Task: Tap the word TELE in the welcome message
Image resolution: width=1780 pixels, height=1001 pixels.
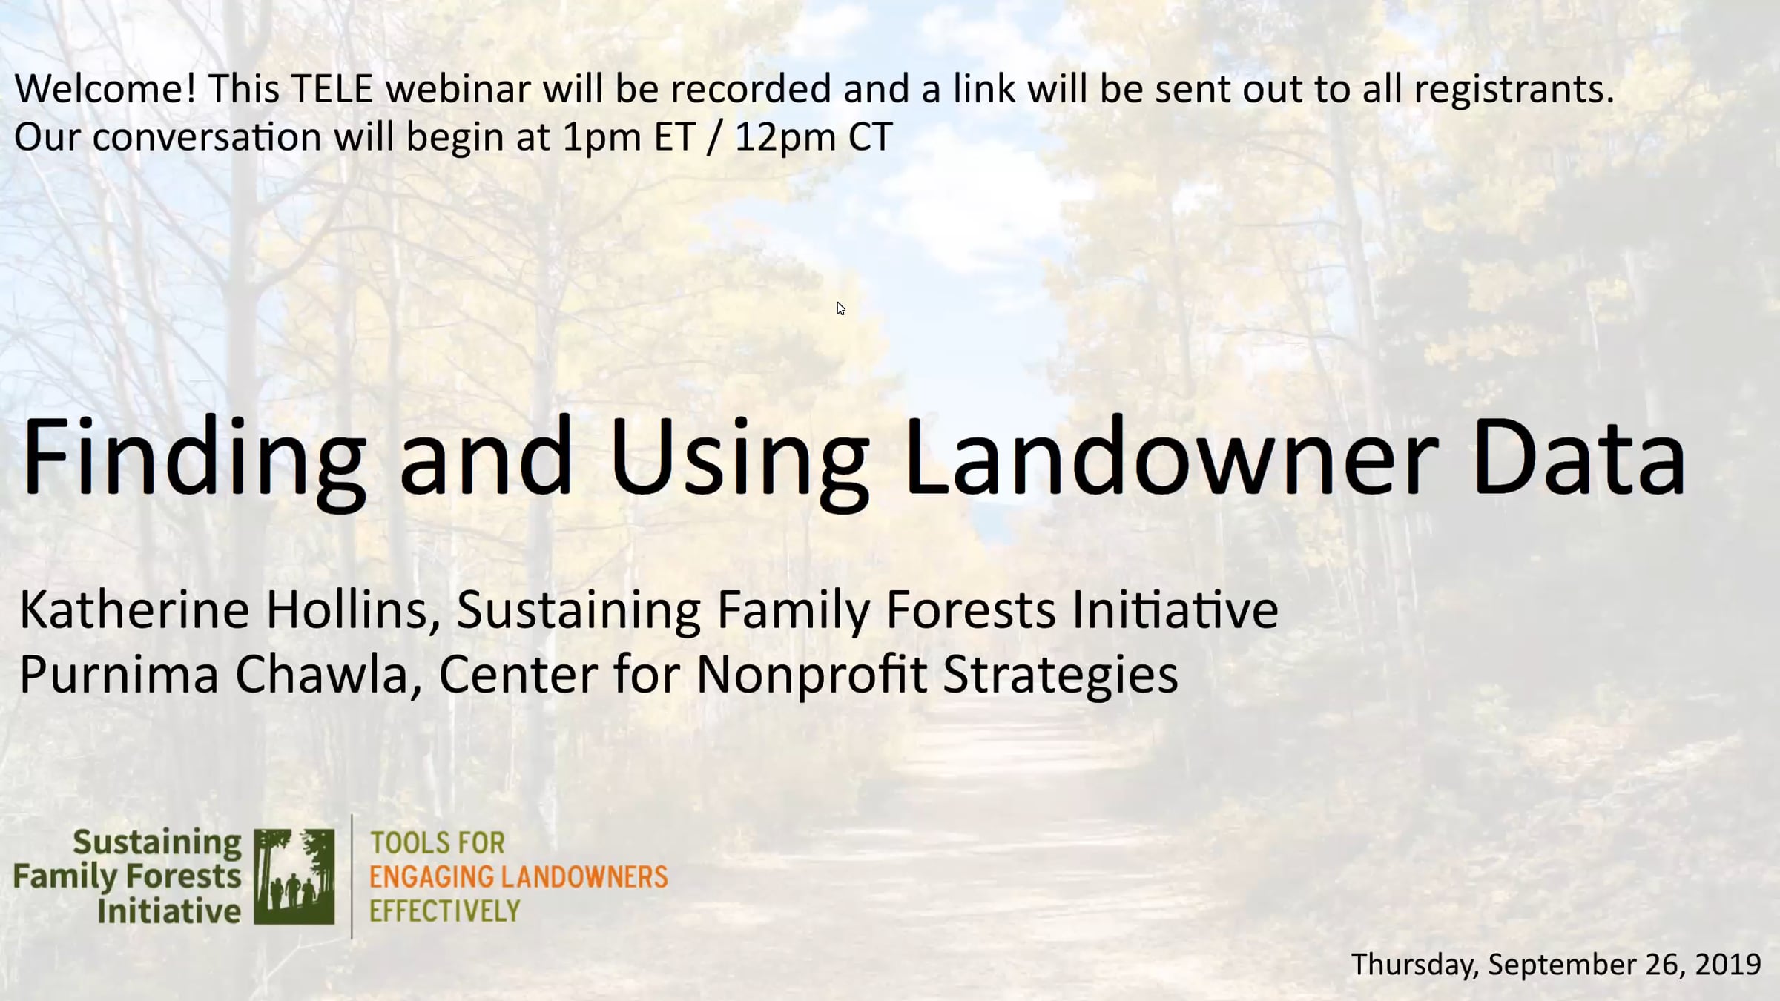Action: coord(332,88)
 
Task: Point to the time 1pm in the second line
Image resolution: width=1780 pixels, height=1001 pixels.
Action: coord(601,138)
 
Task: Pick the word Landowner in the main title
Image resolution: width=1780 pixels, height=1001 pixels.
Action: coord(1170,455)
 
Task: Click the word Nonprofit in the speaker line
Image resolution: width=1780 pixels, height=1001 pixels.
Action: coord(811,675)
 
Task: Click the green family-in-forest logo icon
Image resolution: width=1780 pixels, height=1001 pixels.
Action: coord(294,876)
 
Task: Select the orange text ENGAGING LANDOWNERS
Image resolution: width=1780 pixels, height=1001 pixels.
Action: coord(518,876)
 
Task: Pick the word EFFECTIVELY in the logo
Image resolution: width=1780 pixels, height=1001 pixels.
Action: coord(445,911)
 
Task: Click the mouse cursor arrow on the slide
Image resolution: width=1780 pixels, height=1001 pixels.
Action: coord(841,308)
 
